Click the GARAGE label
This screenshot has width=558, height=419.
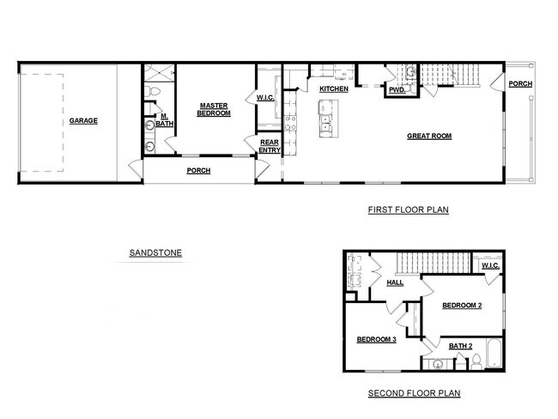tap(83, 121)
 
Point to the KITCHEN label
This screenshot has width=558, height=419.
tap(333, 89)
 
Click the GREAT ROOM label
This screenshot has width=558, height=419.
tap(428, 136)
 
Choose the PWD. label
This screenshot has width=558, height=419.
tap(397, 90)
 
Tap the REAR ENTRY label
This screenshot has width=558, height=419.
tap(270, 146)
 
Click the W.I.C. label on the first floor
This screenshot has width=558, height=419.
tap(265, 98)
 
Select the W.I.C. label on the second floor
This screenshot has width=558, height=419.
tap(490, 265)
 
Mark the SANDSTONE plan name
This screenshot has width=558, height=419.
tap(155, 253)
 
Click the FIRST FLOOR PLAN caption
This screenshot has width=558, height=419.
tap(408, 209)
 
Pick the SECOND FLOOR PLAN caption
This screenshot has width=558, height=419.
tap(414, 393)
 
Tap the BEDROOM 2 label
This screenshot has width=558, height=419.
tap(463, 306)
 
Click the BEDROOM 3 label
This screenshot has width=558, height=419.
tap(376, 340)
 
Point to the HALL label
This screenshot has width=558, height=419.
tap(395, 282)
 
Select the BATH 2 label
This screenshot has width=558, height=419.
tap(460, 346)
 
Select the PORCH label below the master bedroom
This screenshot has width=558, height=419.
tap(198, 170)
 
